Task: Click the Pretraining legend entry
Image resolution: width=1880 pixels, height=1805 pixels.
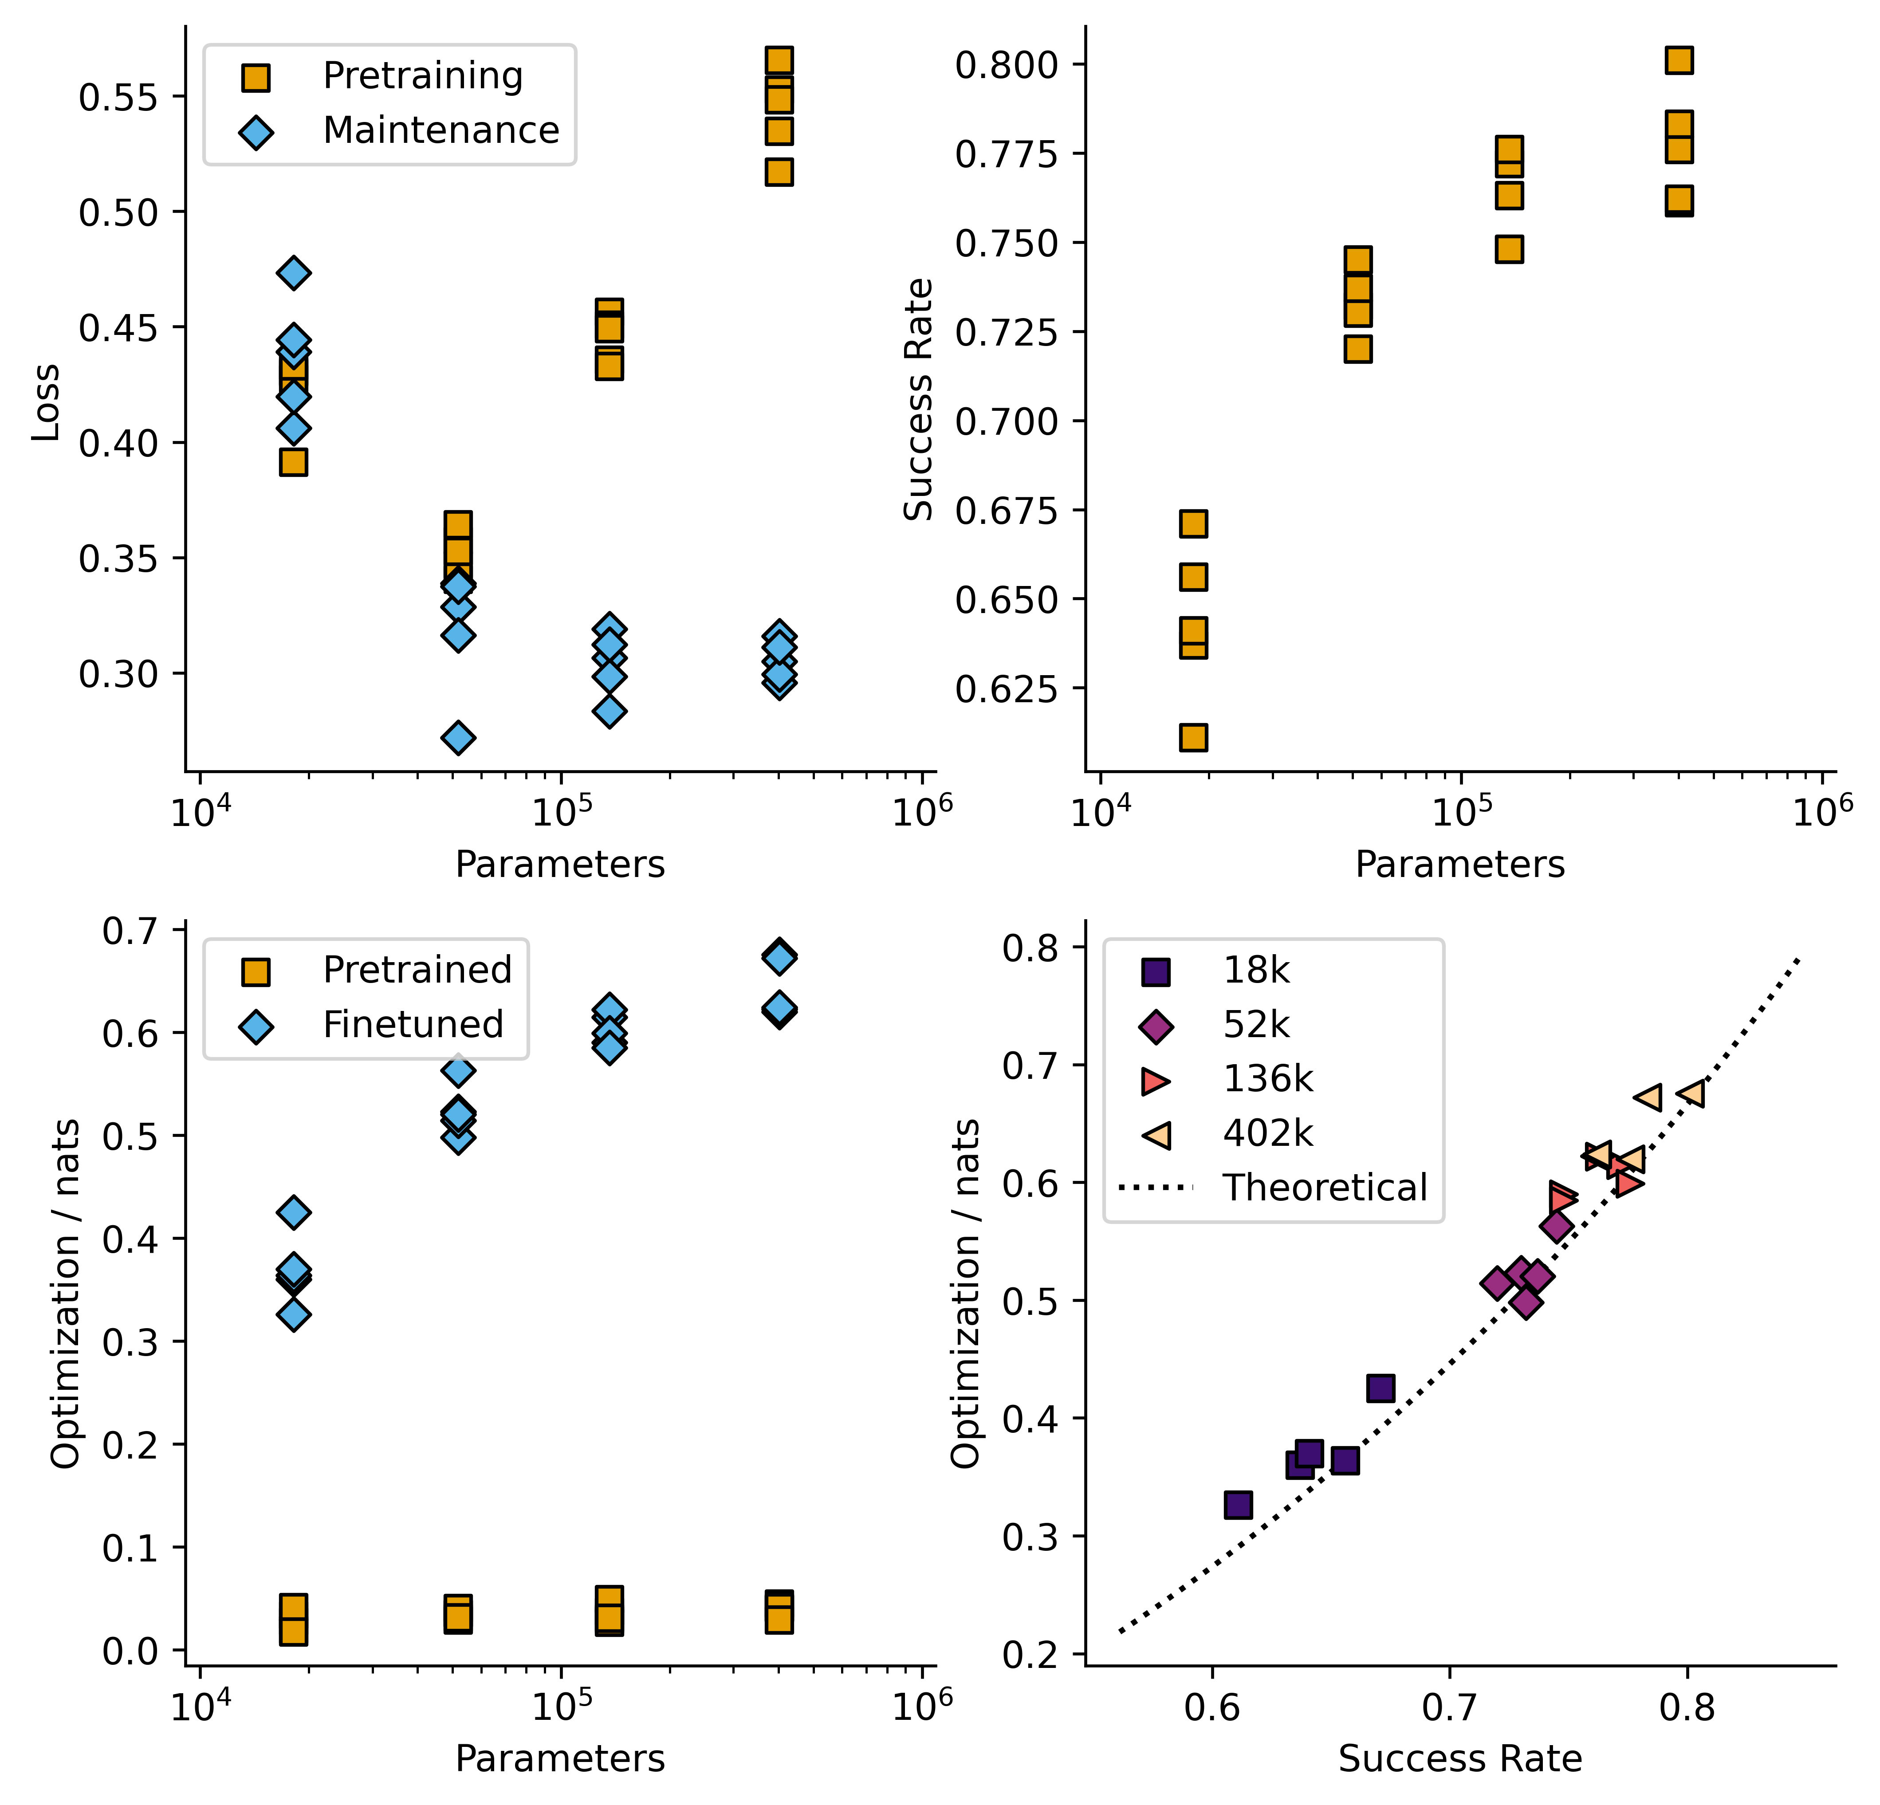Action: pyautogui.click(x=422, y=76)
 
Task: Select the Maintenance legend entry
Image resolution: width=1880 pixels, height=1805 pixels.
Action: pyautogui.click(x=440, y=130)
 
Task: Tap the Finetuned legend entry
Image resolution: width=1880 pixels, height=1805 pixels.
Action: pyautogui.click(x=413, y=1024)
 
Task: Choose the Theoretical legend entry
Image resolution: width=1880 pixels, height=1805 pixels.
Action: pyautogui.click(x=1324, y=1188)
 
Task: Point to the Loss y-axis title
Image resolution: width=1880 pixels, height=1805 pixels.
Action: pyautogui.click(x=45, y=403)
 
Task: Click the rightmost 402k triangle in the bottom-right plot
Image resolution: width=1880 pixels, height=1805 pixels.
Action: pyautogui.click(x=1691, y=1093)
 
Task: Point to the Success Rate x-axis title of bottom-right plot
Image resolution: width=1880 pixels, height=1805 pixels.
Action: pyautogui.click(x=1460, y=1759)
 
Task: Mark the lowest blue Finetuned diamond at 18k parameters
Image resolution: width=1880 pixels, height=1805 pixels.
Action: pyautogui.click(x=294, y=1314)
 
